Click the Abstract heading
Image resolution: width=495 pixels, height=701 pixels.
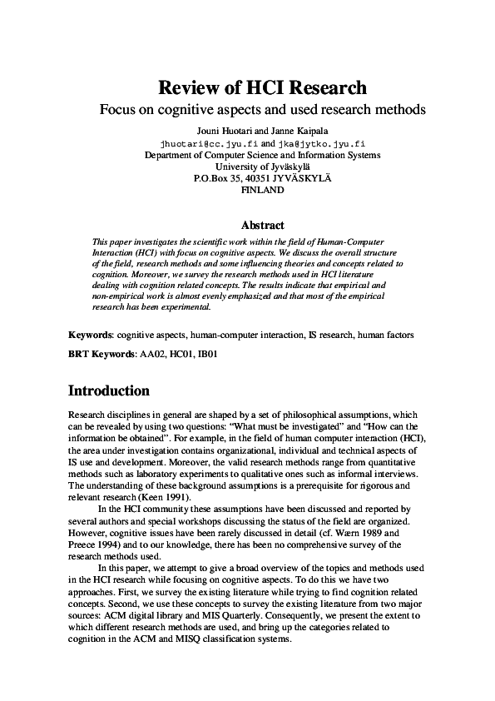point(262,225)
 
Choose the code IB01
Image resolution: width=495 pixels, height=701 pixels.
point(208,354)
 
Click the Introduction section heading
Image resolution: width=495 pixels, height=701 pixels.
point(108,391)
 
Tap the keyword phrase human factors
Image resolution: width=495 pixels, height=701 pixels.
point(386,334)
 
